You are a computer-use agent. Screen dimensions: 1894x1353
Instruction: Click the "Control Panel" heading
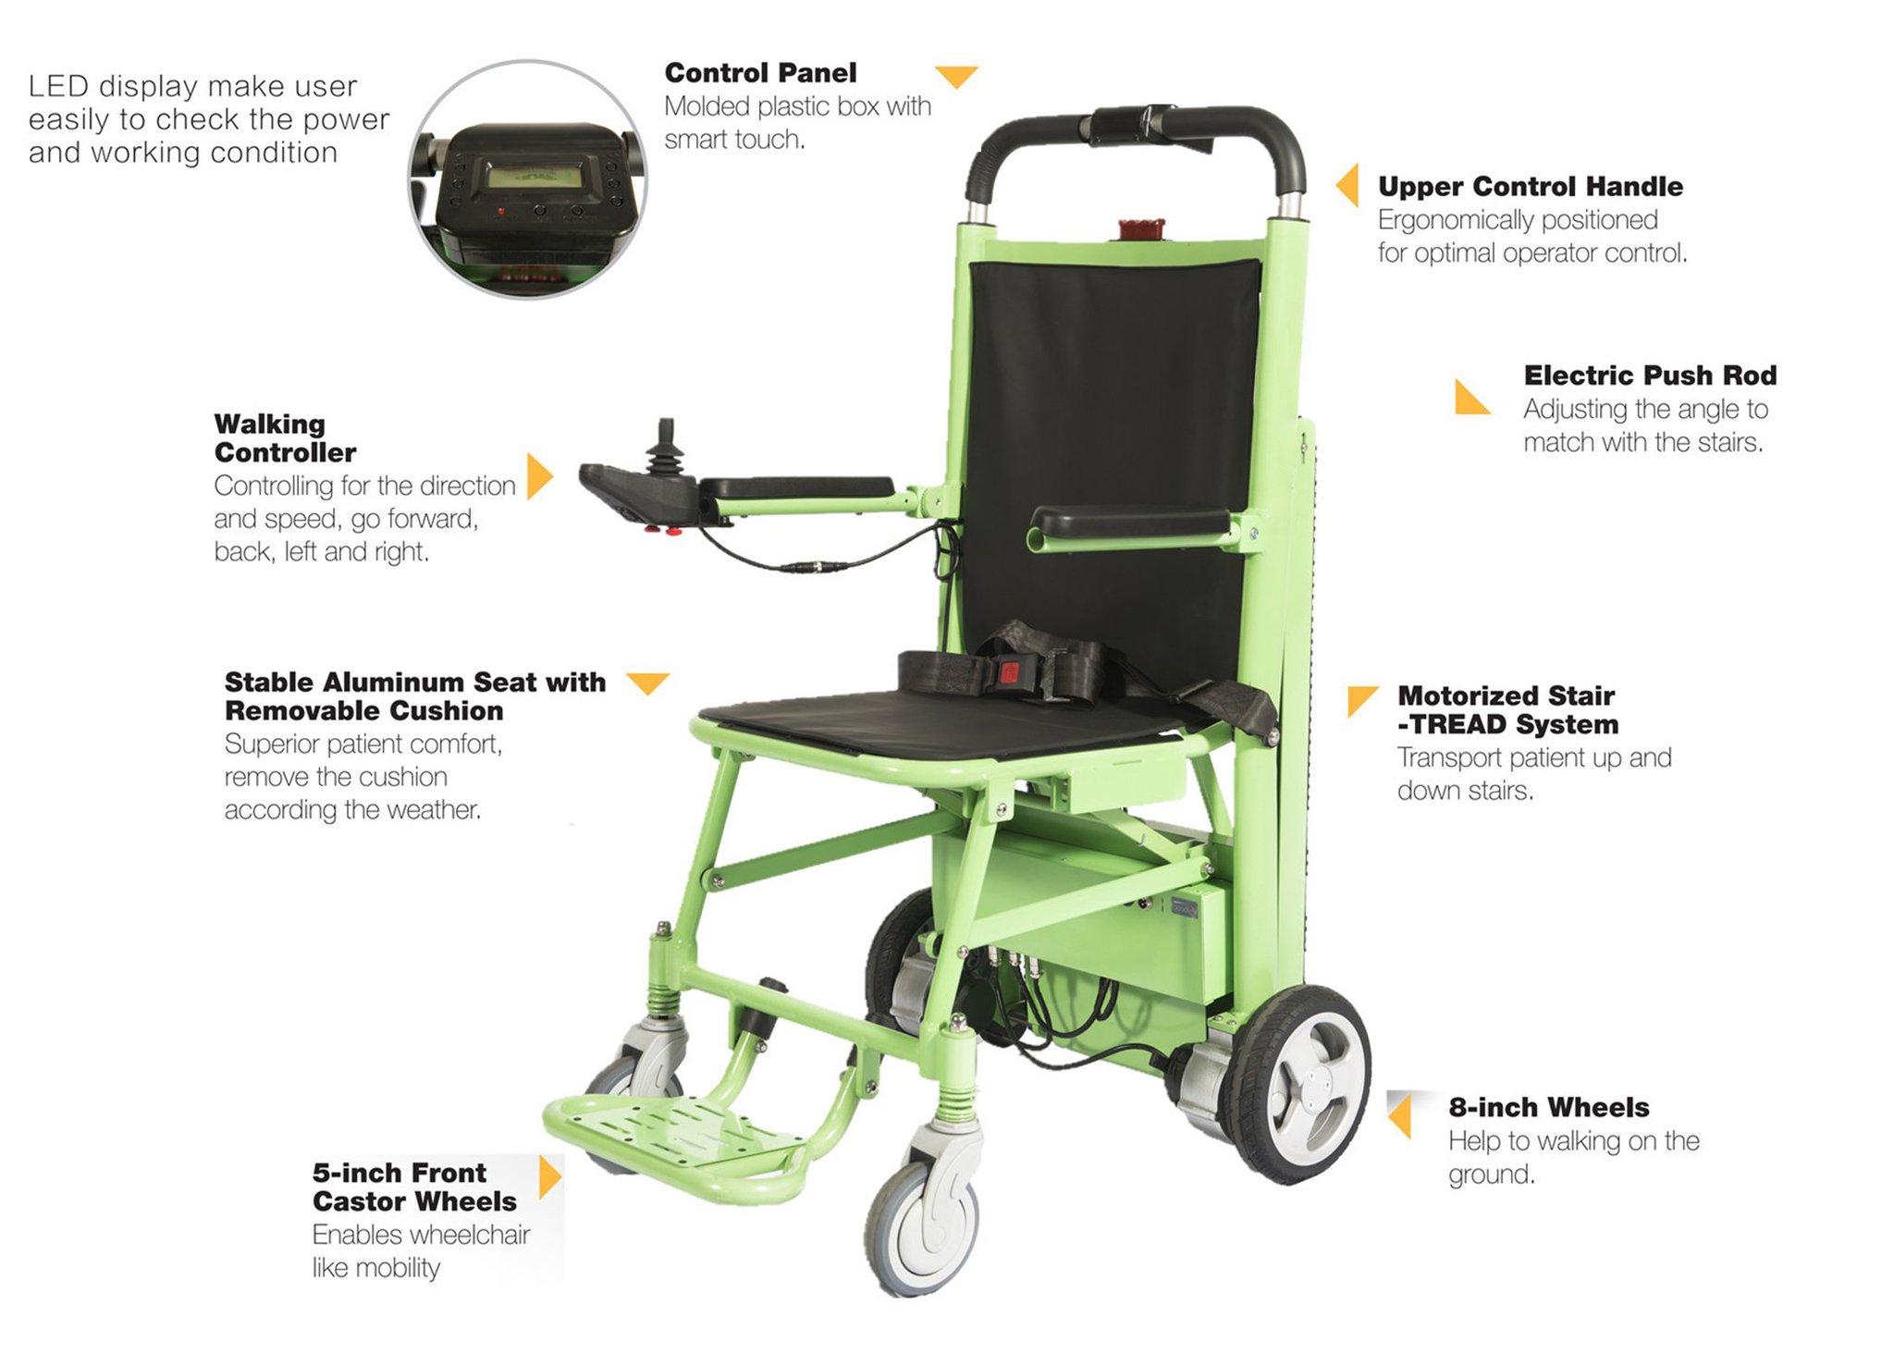[x=760, y=73]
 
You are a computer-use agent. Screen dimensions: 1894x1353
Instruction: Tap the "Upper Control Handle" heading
[x=1531, y=187]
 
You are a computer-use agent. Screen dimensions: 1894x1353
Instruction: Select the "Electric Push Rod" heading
[x=1650, y=375]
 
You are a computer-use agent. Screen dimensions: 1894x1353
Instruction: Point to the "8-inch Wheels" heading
[x=1549, y=1107]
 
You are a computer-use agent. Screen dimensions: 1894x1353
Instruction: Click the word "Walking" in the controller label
[x=270, y=424]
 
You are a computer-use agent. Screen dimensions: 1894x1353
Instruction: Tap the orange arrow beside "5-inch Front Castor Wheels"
[x=550, y=1177]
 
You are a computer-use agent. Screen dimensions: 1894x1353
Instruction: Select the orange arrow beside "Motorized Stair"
[x=1361, y=700]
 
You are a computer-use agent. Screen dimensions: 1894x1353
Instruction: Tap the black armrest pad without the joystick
[x=1130, y=523]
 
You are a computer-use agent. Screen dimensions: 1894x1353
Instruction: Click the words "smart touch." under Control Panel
[x=734, y=140]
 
